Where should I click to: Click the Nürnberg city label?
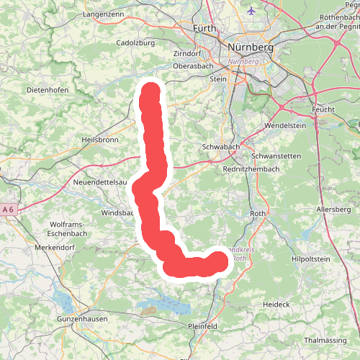[250, 48]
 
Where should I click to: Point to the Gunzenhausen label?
[81, 318]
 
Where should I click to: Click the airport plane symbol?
[251, 12]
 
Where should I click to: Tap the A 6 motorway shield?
[9, 210]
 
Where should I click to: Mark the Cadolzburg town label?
[136, 42]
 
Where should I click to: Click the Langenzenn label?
[105, 14]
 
